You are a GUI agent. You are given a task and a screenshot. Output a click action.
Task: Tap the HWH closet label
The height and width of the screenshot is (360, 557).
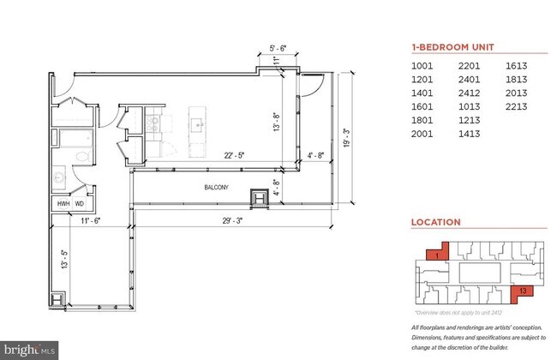63,204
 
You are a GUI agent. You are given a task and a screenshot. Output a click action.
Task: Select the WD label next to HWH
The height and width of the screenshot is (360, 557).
80,204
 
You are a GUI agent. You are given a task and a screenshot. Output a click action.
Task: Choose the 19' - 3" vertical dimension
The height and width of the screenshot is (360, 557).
346,138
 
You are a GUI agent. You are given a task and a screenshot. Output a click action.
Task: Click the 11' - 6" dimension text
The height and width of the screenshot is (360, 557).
91,220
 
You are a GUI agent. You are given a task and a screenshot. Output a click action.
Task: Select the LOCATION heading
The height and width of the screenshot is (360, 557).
435,222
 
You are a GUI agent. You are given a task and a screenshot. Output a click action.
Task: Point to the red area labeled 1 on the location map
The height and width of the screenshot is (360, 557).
436,255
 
